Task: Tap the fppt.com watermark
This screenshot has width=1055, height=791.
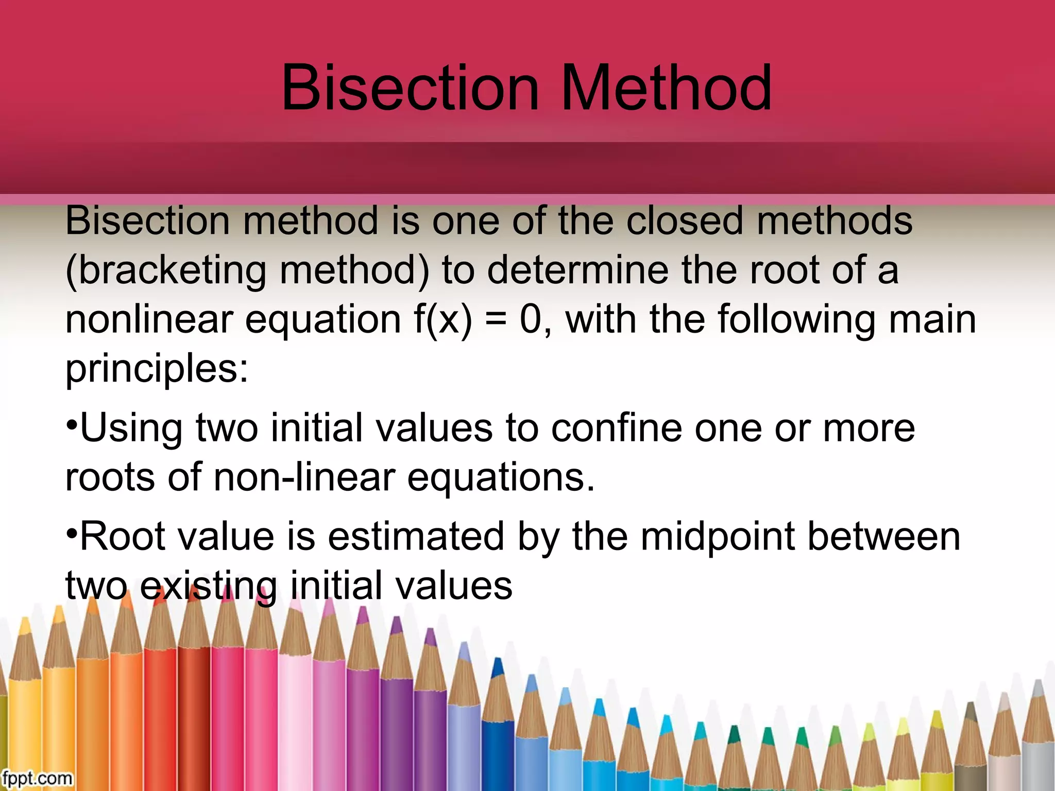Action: [37, 778]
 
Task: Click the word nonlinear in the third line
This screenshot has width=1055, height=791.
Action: [149, 319]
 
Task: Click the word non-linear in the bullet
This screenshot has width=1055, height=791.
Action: [304, 477]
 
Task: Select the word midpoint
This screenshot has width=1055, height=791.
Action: [718, 537]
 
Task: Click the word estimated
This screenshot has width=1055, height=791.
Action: [416, 537]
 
